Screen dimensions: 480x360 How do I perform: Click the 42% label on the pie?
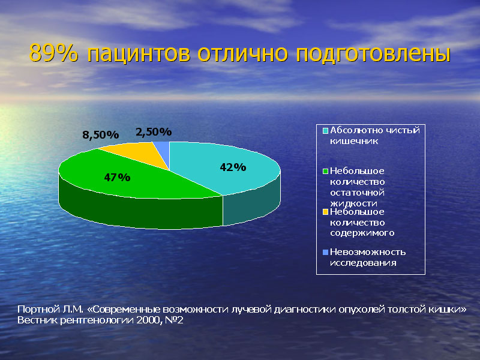[233, 167]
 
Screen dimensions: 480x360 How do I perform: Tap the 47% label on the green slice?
[117, 177]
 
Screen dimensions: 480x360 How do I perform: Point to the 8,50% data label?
[100, 134]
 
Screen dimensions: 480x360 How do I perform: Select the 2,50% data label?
[154, 132]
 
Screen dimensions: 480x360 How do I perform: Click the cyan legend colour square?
[325, 131]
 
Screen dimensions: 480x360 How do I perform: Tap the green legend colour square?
[325, 171]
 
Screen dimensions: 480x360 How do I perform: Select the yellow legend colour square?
[325, 212]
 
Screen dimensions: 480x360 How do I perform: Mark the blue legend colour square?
[325, 252]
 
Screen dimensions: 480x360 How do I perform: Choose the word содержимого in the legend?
[362, 233]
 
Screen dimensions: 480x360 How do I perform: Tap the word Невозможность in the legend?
[368, 252]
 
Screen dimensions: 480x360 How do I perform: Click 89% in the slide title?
[53, 53]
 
